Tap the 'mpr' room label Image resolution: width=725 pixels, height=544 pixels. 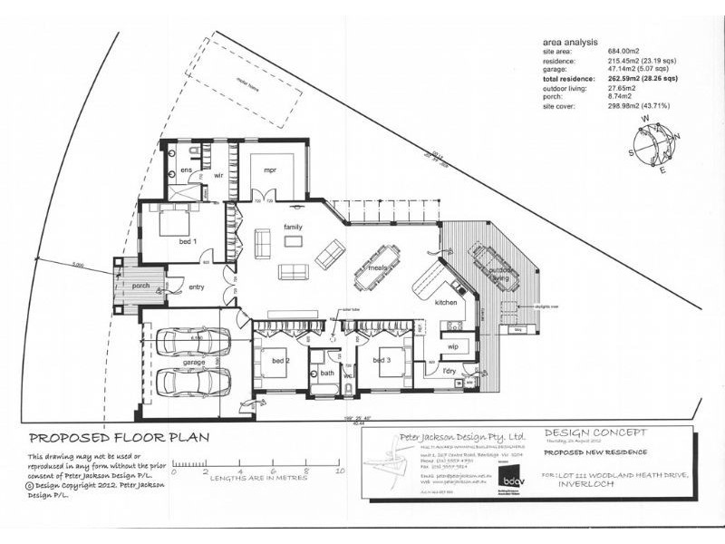[269, 170]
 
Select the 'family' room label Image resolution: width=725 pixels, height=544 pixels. [292, 226]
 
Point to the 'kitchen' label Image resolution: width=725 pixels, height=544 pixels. [447, 302]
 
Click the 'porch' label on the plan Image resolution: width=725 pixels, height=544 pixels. [140, 286]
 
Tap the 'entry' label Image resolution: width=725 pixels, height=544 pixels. [196, 288]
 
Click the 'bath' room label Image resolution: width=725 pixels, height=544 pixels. [326, 372]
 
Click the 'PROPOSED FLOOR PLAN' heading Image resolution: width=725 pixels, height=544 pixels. [120, 437]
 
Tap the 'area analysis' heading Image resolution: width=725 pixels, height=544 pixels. [570, 42]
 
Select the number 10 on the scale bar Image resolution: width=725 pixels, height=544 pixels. [340, 472]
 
